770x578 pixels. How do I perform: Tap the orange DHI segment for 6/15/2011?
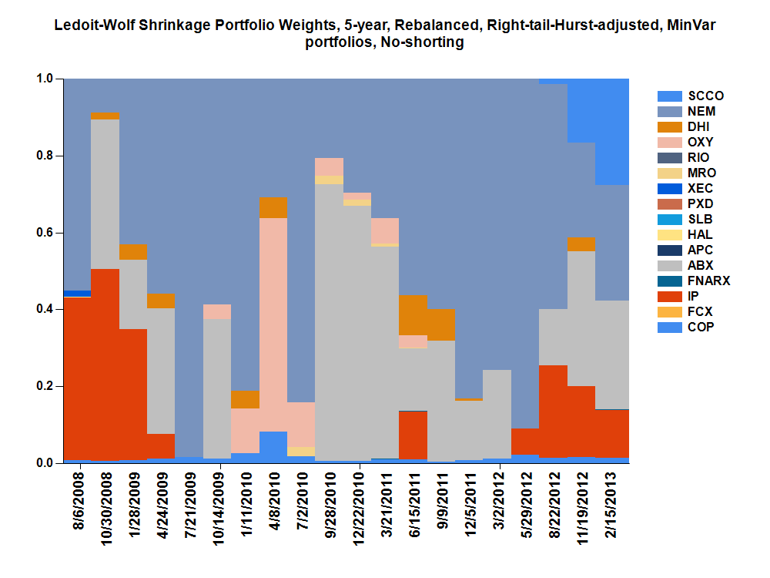tap(413, 315)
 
